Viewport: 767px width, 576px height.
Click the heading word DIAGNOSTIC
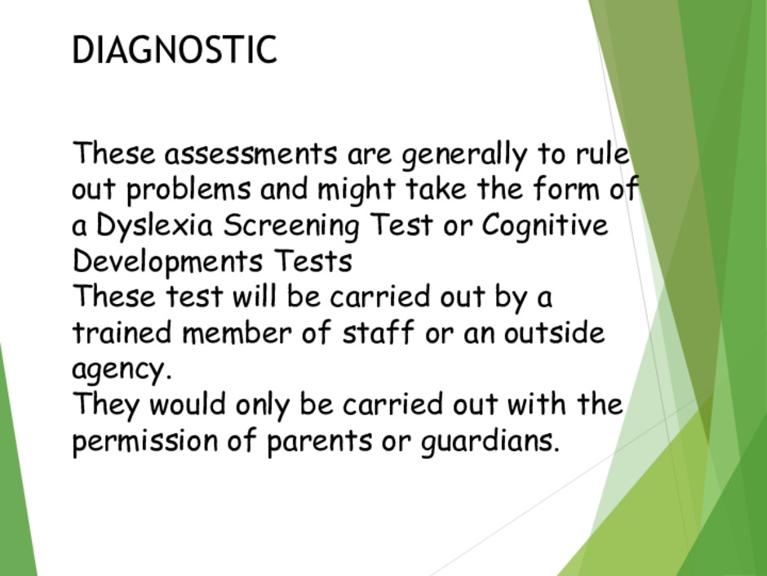tap(175, 50)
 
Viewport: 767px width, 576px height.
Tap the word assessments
tap(251, 154)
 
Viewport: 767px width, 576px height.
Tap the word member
tap(237, 332)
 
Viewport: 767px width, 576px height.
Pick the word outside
tap(555, 332)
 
